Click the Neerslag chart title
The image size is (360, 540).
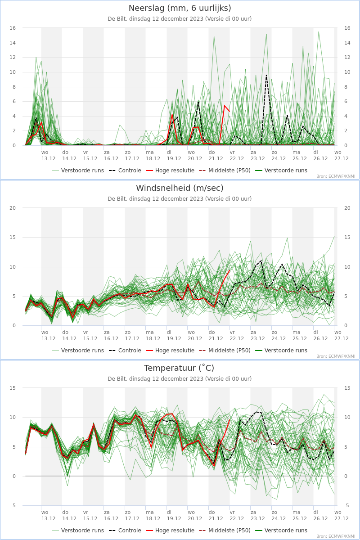pos(180,8)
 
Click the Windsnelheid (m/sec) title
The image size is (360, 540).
pos(180,188)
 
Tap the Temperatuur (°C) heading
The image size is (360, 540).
pos(179,368)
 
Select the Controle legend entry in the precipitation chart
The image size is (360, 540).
pos(125,171)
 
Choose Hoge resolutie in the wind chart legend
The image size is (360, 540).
pos(170,350)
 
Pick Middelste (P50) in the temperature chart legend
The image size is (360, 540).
pos(225,531)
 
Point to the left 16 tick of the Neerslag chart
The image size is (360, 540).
pos(13,28)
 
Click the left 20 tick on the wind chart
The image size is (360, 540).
pos(13,208)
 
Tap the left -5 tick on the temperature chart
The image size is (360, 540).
pos(13,505)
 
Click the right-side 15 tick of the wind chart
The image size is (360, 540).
pos(347,237)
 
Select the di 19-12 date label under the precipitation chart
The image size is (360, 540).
pos(174,156)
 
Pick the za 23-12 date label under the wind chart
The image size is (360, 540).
pos(257,335)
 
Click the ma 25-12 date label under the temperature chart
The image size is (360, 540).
pos(300,515)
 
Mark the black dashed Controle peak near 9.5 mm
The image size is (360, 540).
pos(266,75)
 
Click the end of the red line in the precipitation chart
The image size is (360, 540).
pos(229,112)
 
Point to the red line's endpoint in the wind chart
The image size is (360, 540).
pos(229,270)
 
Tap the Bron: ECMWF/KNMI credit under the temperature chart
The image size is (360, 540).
pos(336,536)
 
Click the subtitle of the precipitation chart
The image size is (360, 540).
pos(180,19)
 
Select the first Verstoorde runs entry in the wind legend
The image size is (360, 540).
pos(78,350)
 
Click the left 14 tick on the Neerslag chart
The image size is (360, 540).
pos(13,43)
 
